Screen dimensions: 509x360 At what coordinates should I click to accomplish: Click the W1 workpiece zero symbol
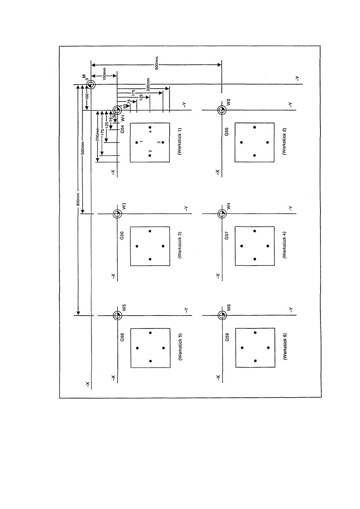(x=117, y=110)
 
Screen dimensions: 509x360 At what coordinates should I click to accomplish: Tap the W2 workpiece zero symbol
(x=222, y=110)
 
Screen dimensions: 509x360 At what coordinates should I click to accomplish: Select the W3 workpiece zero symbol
(x=117, y=214)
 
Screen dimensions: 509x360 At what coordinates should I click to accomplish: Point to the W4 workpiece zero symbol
(x=222, y=214)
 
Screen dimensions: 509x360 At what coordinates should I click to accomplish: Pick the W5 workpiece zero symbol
(x=117, y=316)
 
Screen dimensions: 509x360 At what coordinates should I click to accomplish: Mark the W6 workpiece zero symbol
(x=222, y=316)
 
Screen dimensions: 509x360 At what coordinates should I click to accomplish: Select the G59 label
(x=227, y=337)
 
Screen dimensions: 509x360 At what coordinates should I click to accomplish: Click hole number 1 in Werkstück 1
(x=137, y=142)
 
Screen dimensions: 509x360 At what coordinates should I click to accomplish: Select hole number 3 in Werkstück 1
(x=163, y=142)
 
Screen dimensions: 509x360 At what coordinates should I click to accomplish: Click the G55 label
(x=227, y=132)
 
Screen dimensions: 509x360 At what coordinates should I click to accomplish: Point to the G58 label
(x=122, y=337)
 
